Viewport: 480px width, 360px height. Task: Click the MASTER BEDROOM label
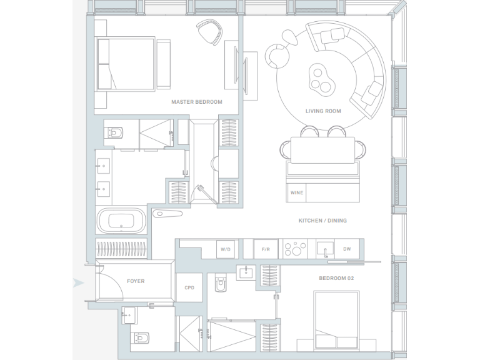coord(196,102)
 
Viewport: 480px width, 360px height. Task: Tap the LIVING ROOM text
coord(323,111)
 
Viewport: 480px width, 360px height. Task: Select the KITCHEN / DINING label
coord(322,221)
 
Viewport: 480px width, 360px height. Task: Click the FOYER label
coord(136,281)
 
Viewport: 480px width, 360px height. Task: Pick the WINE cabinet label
coord(296,192)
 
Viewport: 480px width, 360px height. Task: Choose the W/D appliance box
coord(225,249)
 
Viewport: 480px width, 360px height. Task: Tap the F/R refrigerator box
coord(265,249)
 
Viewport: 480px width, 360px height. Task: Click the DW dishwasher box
coord(347,249)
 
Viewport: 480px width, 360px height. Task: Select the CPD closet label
coord(189,288)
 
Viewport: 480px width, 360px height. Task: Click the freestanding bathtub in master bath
coord(121,221)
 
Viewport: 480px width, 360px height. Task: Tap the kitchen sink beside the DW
coord(325,249)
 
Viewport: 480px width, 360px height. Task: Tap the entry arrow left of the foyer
coord(77,282)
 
